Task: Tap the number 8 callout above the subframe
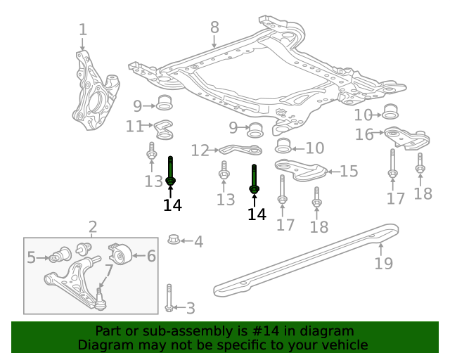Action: (x=214, y=27)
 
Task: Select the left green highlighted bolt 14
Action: (x=170, y=172)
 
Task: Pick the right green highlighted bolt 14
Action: (x=255, y=179)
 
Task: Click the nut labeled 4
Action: (x=174, y=240)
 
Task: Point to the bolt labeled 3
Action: (x=169, y=298)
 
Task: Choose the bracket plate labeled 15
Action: (x=301, y=170)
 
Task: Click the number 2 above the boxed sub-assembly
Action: (x=93, y=226)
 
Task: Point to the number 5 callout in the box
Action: (x=31, y=258)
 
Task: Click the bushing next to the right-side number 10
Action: (x=391, y=111)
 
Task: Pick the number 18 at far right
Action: (x=423, y=193)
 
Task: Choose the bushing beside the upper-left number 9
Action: (x=165, y=102)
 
